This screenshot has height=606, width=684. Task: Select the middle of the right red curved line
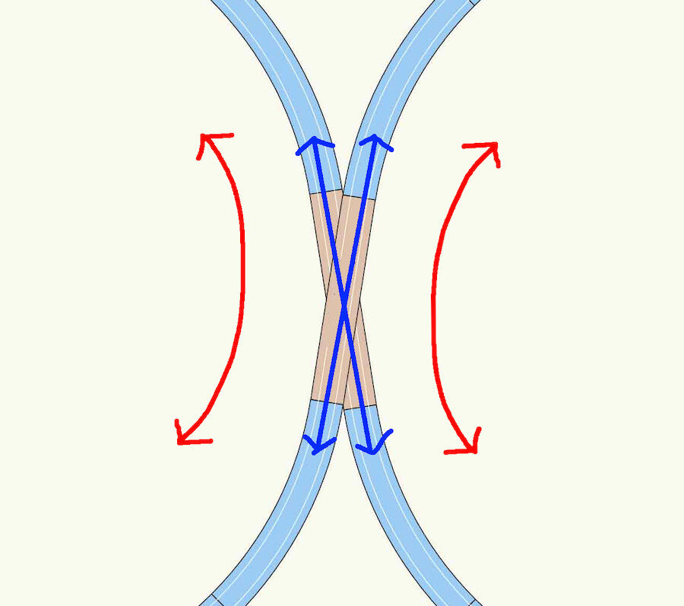[x=435, y=289]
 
